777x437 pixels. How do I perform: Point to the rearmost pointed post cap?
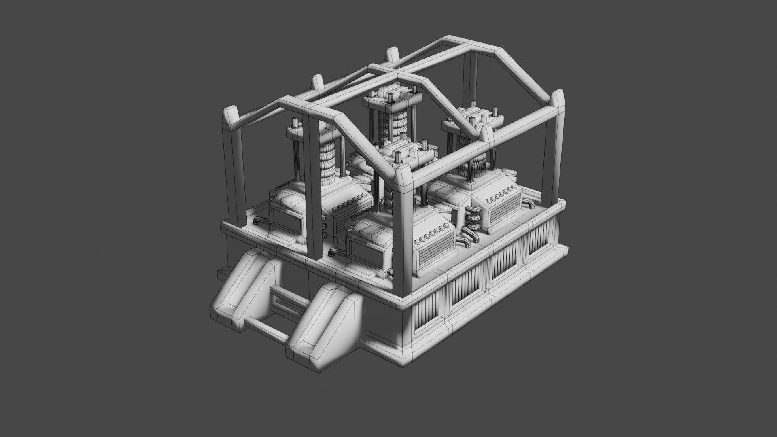[x=392, y=55]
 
